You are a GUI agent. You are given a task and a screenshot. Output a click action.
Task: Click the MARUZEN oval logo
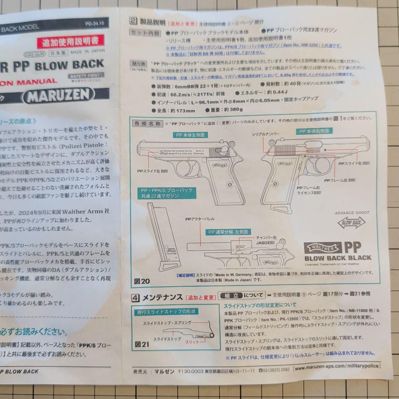tap(58, 95)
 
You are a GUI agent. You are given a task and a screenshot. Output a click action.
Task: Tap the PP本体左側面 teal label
tap(189, 135)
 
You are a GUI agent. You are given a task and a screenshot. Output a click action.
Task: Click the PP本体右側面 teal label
tap(313, 131)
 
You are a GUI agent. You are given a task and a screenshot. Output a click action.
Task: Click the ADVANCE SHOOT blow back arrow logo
tap(351, 222)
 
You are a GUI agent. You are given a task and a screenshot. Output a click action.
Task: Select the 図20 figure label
tap(142, 281)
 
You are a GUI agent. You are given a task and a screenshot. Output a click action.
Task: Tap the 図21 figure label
tap(142, 344)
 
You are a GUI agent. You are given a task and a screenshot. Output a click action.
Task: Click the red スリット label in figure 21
tap(192, 342)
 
